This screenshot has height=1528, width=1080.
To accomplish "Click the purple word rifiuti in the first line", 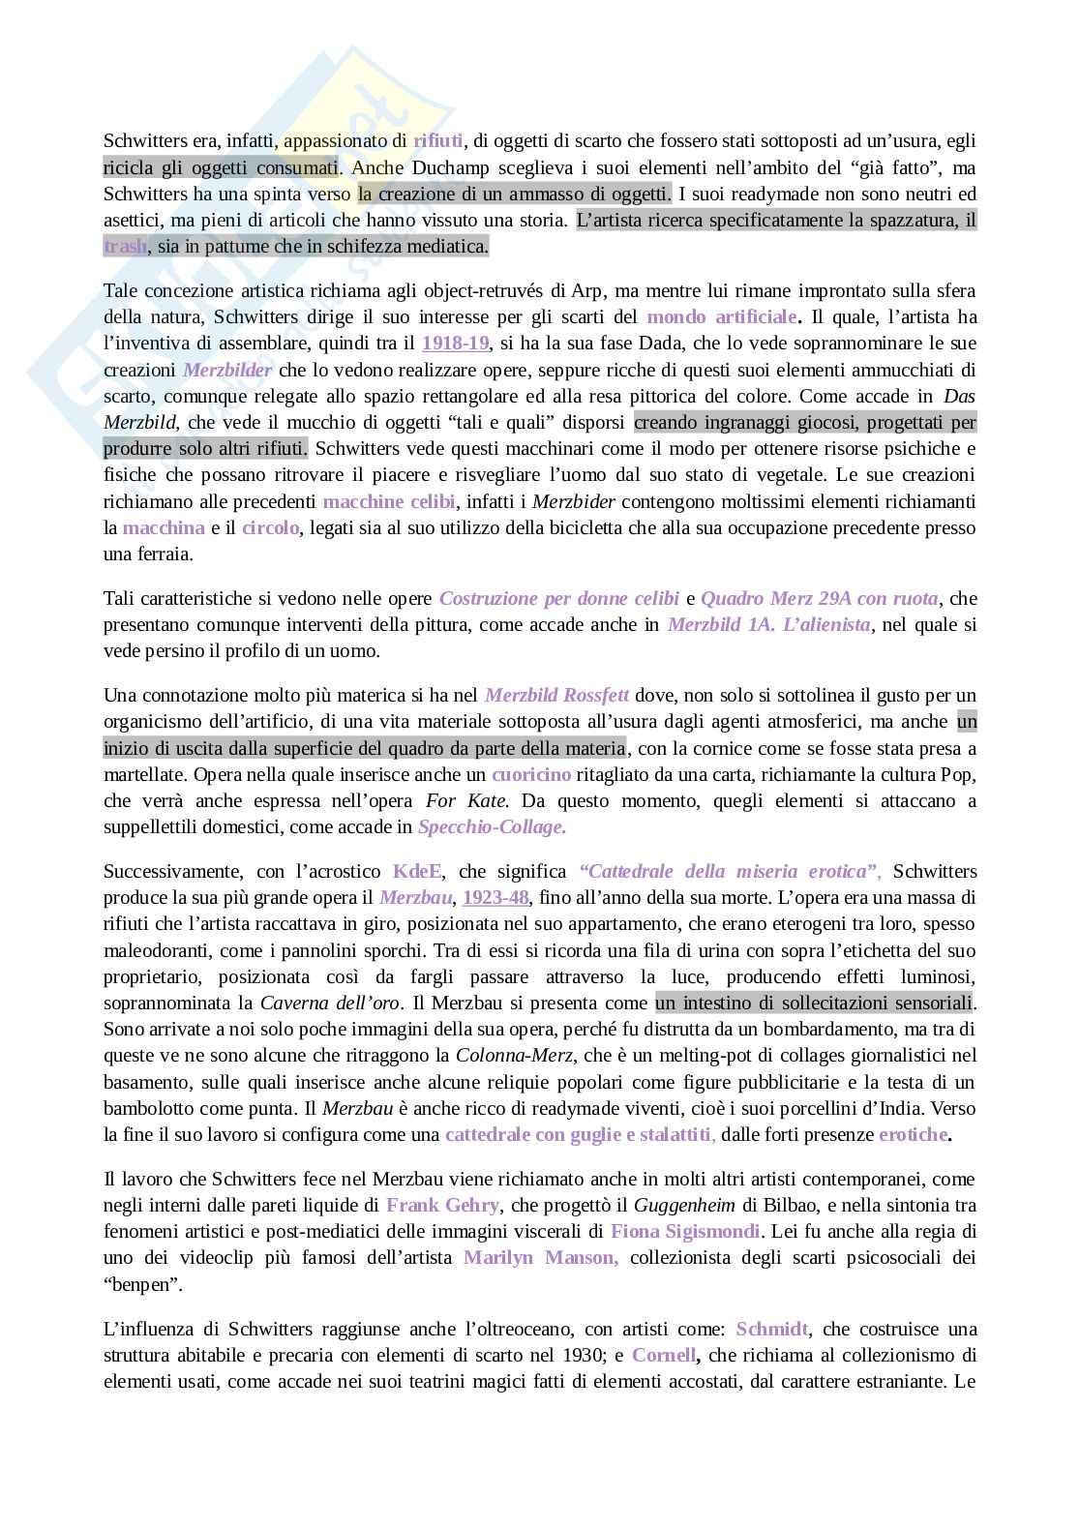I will point(438,140).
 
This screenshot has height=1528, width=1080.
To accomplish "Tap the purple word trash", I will point(126,246).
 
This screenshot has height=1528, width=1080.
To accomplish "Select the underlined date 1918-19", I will point(455,343).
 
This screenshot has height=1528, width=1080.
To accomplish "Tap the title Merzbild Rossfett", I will point(556,695).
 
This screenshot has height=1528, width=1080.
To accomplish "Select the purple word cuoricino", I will point(531,774).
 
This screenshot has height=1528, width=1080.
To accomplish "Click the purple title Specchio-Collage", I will point(492,826).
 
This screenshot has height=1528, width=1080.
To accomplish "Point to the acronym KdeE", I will point(416,871).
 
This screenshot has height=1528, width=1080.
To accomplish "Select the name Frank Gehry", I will point(443,1205).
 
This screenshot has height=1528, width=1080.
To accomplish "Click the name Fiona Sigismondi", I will point(686,1231).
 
